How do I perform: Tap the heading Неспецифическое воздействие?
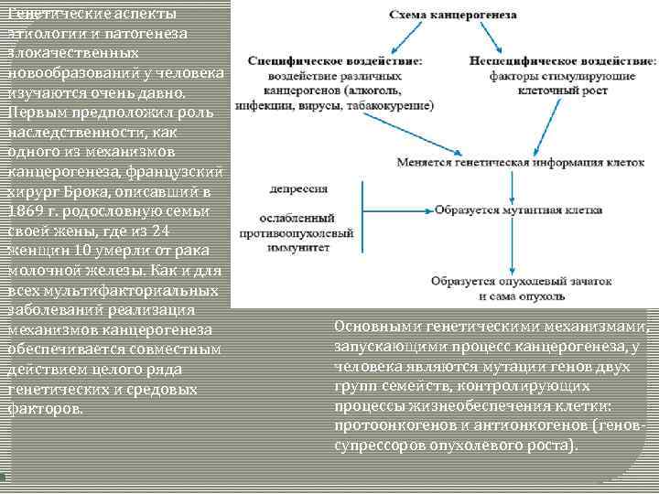[x=562, y=60]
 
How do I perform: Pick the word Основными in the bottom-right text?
[x=373, y=326]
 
